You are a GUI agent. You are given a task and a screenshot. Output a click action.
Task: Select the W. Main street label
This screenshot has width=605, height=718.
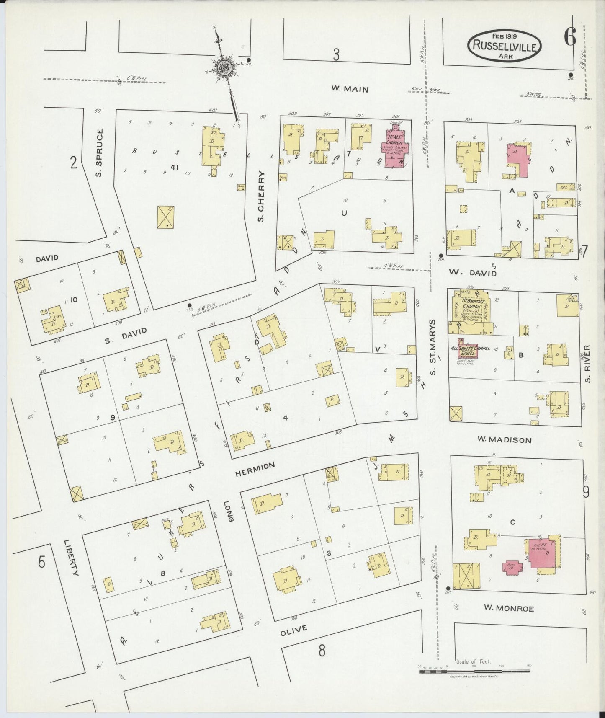point(350,89)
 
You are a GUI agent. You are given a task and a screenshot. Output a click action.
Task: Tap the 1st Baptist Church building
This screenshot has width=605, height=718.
point(469,312)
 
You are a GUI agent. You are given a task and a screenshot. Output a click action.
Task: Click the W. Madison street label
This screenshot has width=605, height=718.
point(505,440)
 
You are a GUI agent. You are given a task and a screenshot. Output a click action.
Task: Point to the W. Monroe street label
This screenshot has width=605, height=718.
point(509,608)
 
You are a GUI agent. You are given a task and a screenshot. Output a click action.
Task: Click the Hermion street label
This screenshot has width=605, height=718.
point(255,469)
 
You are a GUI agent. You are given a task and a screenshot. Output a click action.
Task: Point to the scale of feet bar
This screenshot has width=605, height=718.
point(474,672)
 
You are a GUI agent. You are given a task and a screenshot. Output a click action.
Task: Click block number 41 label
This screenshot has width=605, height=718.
point(175,167)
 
